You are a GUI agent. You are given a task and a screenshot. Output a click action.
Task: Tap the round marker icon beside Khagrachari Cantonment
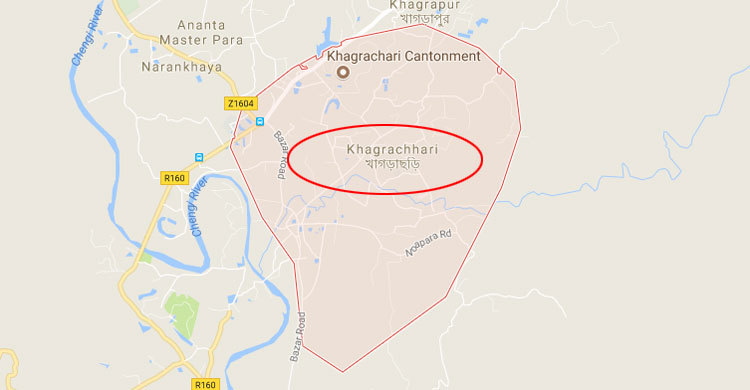(342, 72)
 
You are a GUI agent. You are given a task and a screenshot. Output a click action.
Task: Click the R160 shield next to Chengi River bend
(174, 178)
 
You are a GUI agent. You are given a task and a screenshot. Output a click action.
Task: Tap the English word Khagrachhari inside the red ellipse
(392, 149)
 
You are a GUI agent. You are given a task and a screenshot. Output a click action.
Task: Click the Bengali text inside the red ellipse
(392, 166)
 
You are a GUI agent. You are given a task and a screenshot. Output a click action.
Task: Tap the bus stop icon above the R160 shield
(199, 156)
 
